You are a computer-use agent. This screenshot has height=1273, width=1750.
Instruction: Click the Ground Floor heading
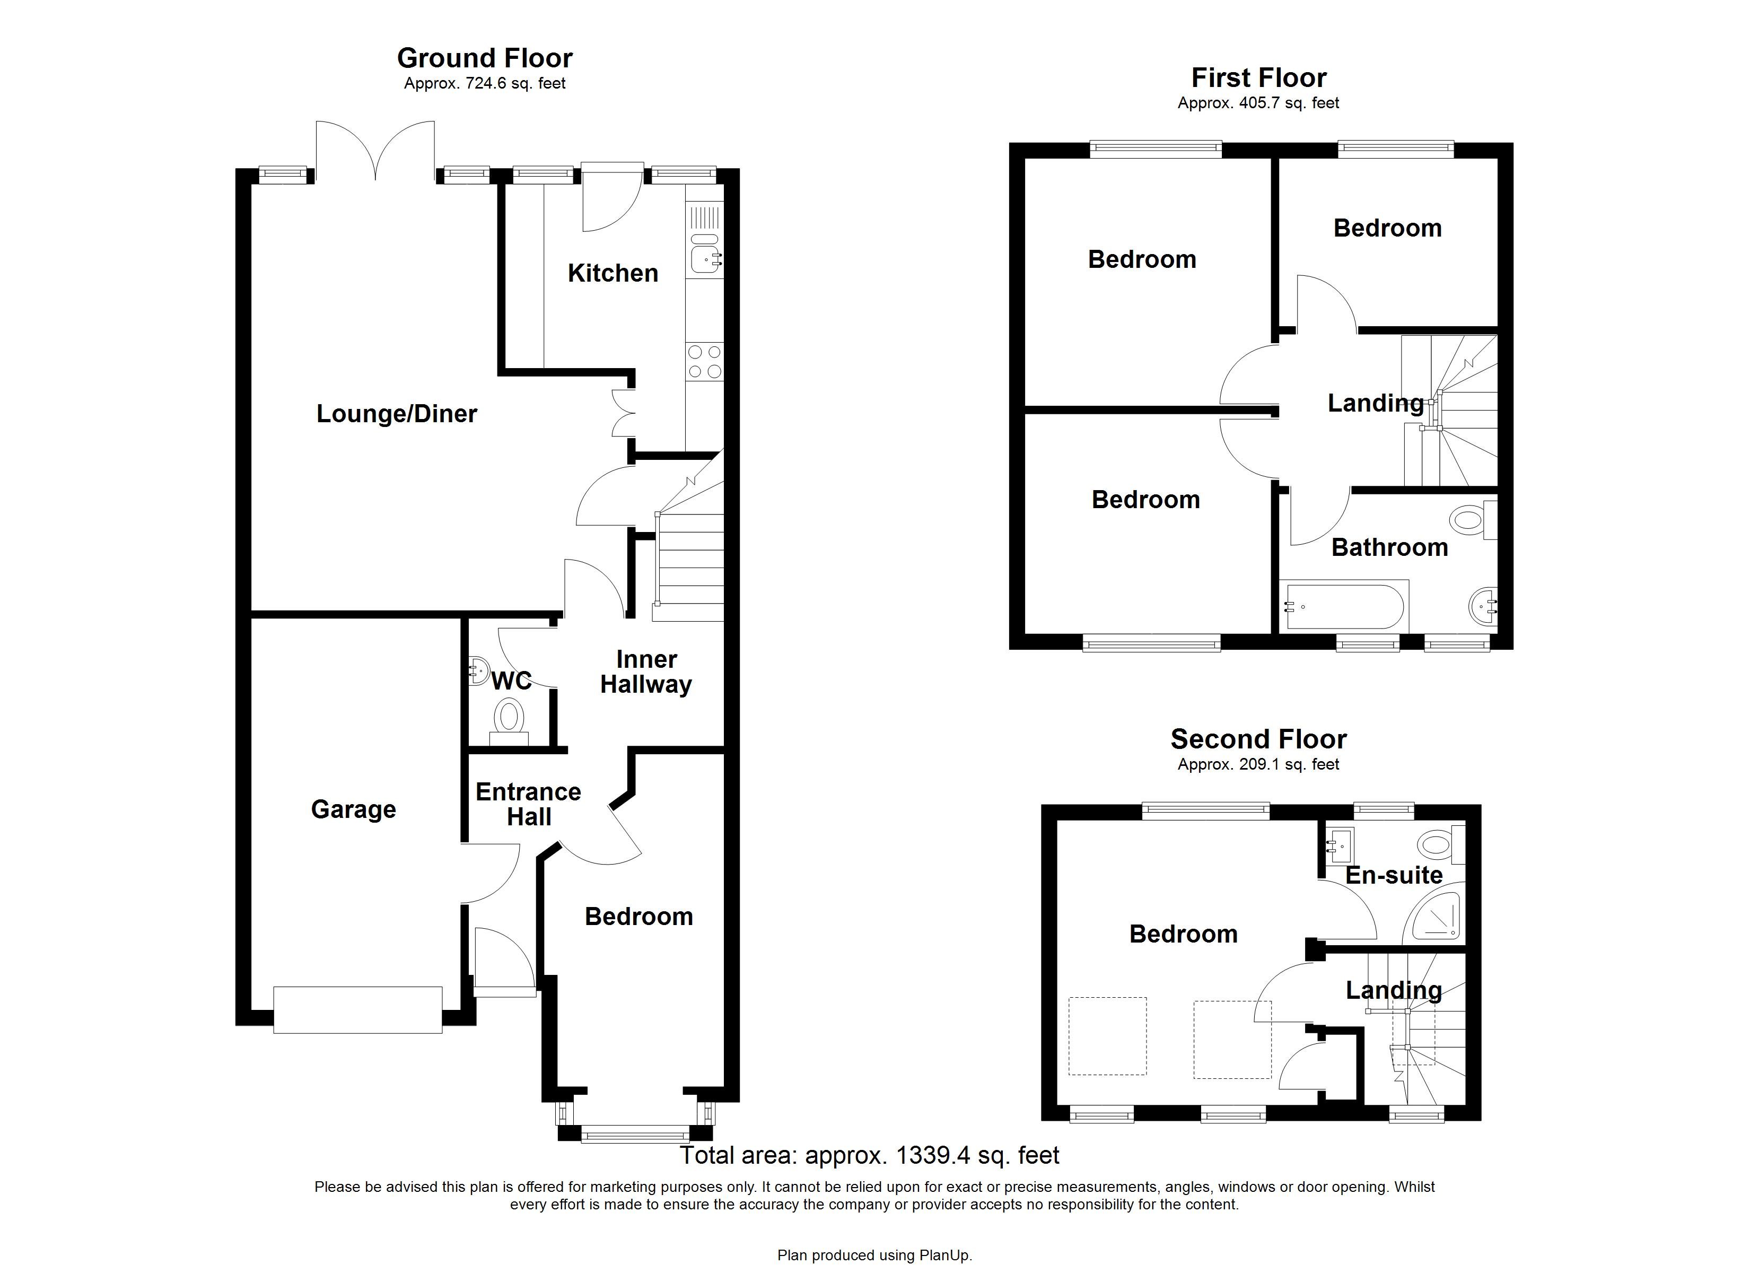[485, 58]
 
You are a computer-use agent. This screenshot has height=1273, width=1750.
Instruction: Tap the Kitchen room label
[612, 273]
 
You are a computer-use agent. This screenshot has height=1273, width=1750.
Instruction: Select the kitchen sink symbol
[705, 255]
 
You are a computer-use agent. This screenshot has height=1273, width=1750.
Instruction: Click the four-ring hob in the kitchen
[704, 361]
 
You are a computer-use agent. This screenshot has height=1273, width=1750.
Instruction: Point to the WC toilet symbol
[509, 718]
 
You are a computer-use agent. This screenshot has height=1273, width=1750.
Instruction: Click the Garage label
[353, 809]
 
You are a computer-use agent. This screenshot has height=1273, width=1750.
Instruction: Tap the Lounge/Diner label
[397, 413]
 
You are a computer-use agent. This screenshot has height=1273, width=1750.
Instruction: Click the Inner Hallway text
[646, 672]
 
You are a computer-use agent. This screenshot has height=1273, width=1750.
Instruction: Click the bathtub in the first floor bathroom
[1344, 606]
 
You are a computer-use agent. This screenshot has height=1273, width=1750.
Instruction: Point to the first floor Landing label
[1375, 403]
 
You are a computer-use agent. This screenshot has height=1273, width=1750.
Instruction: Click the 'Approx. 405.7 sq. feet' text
[1258, 103]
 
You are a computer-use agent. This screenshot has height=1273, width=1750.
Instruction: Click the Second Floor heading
[1258, 739]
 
